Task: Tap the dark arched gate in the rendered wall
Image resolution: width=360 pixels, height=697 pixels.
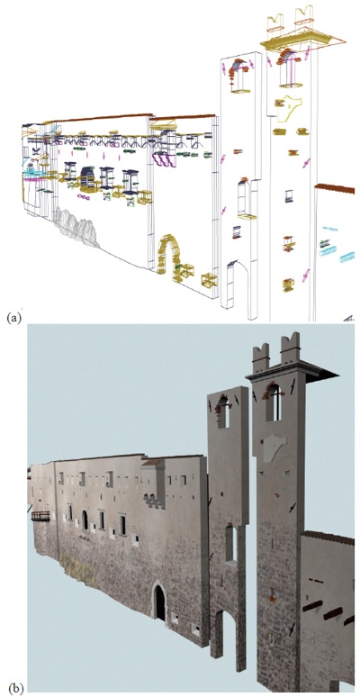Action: pyautogui.click(x=159, y=603)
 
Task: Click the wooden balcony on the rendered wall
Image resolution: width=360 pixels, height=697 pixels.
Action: pyautogui.click(x=40, y=516)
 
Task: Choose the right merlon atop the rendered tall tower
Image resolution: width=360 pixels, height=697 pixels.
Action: pyautogui.click(x=291, y=348)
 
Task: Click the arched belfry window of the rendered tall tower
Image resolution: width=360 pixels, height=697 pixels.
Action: pyautogui.click(x=274, y=403)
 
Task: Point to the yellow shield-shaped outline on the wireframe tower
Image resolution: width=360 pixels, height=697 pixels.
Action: pyautogui.click(x=289, y=107)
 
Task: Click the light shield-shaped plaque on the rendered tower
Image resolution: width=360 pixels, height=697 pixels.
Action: pyautogui.click(x=274, y=449)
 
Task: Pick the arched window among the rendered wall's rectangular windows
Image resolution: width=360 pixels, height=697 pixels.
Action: pyautogui.click(x=85, y=520)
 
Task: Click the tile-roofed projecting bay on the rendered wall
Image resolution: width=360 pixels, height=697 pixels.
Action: pyautogui.click(x=154, y=484)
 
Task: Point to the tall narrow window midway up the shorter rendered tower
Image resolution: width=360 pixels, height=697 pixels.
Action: pyautogui.click(x=229, y=543)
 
